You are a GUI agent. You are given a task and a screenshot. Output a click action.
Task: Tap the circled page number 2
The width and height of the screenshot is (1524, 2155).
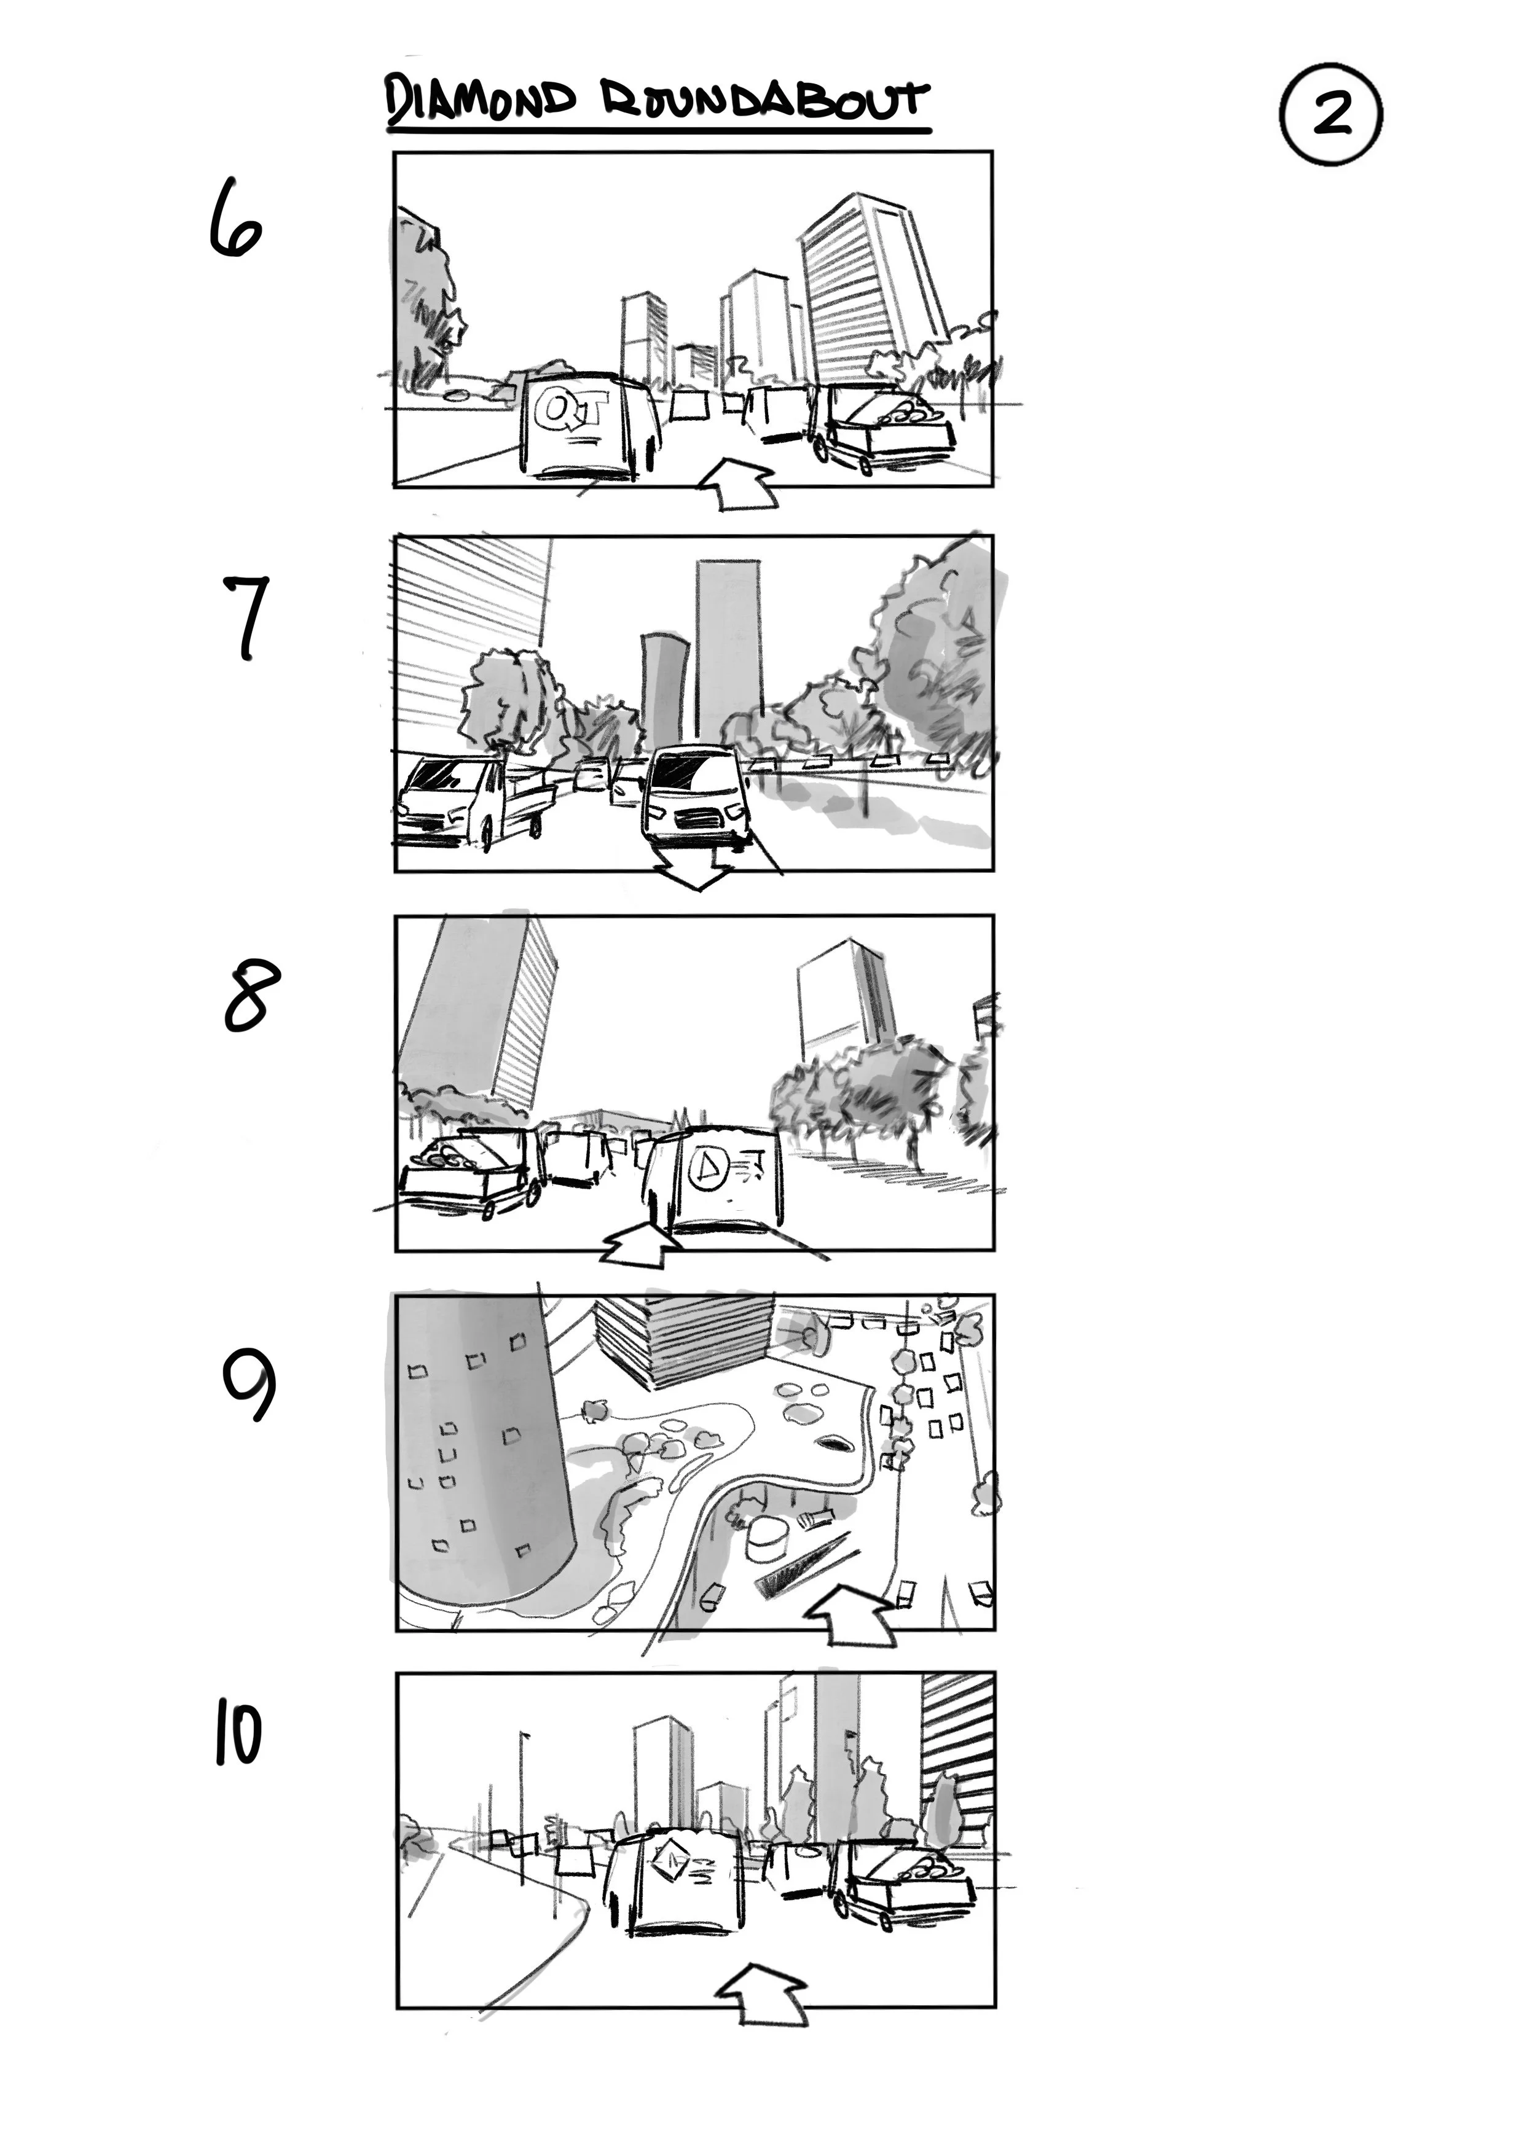coord(1330,114)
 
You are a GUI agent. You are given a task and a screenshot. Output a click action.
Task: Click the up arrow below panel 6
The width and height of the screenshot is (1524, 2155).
coord(740,483)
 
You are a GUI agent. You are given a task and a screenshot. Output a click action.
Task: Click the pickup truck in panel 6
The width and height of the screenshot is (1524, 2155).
coord(882,427)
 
